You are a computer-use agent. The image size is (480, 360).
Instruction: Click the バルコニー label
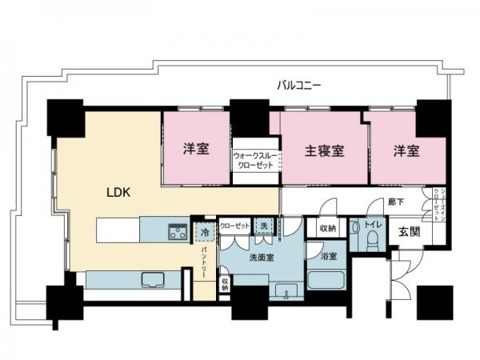300,83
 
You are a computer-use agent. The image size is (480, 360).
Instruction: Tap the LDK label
119,192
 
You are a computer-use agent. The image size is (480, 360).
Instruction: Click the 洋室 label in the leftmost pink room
195,149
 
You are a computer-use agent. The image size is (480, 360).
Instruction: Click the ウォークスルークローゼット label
254,159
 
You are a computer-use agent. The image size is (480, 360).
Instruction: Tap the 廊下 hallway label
394,203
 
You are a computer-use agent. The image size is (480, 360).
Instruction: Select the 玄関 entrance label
410,232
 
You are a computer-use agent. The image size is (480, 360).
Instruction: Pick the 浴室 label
328,257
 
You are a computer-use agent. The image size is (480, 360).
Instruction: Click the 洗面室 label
262,258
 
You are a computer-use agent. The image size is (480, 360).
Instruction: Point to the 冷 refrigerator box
205,232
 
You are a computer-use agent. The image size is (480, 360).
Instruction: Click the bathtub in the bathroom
326,281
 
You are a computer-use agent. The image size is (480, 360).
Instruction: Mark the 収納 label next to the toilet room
326,229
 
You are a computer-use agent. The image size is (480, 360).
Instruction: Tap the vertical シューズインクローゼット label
436,206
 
